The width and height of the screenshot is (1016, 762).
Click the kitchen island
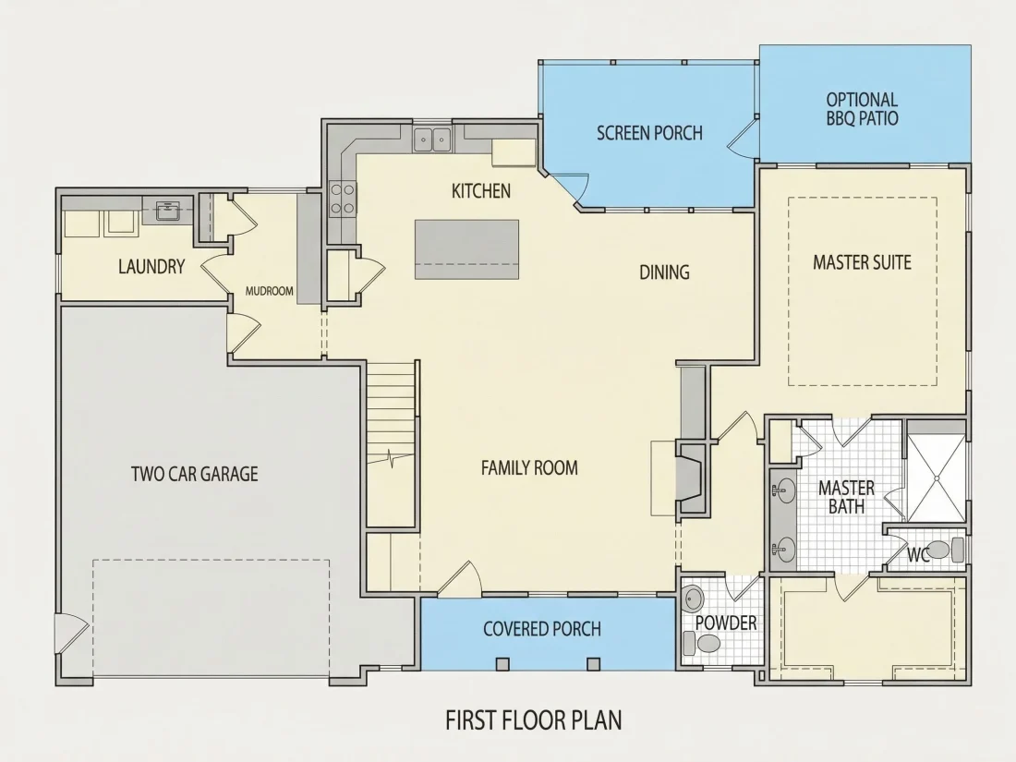(x=466, y=249)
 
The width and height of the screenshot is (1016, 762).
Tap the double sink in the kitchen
(x=432, y=139)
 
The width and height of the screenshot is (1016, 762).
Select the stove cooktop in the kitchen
(x=343, y=199)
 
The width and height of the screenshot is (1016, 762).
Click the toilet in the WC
(x=949, y=550)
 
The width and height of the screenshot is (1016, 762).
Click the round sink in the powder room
(x=692, y=598)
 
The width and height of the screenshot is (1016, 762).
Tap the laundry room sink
(x=168, y=210)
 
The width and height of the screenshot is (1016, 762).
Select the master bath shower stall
(x=936, y=478)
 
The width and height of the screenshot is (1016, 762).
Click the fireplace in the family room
(x=689, y=478)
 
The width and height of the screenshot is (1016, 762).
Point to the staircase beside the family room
(x=390, y=444)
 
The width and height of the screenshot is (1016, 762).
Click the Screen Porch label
(x=649, y=134)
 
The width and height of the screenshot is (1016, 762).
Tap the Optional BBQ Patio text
(x=862, y=109)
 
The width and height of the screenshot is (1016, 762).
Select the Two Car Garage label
(x=194, y=474)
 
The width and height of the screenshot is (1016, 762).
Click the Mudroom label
(x=269, y=292)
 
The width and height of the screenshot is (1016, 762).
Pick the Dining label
(x=664, y=272)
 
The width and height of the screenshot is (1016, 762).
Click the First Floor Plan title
(x=533, y=720)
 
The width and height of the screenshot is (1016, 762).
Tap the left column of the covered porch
(x=502, y=663)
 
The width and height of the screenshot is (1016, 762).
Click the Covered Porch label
(x=541, y=628)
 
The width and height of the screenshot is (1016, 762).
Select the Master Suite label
(x=862, y=262)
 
